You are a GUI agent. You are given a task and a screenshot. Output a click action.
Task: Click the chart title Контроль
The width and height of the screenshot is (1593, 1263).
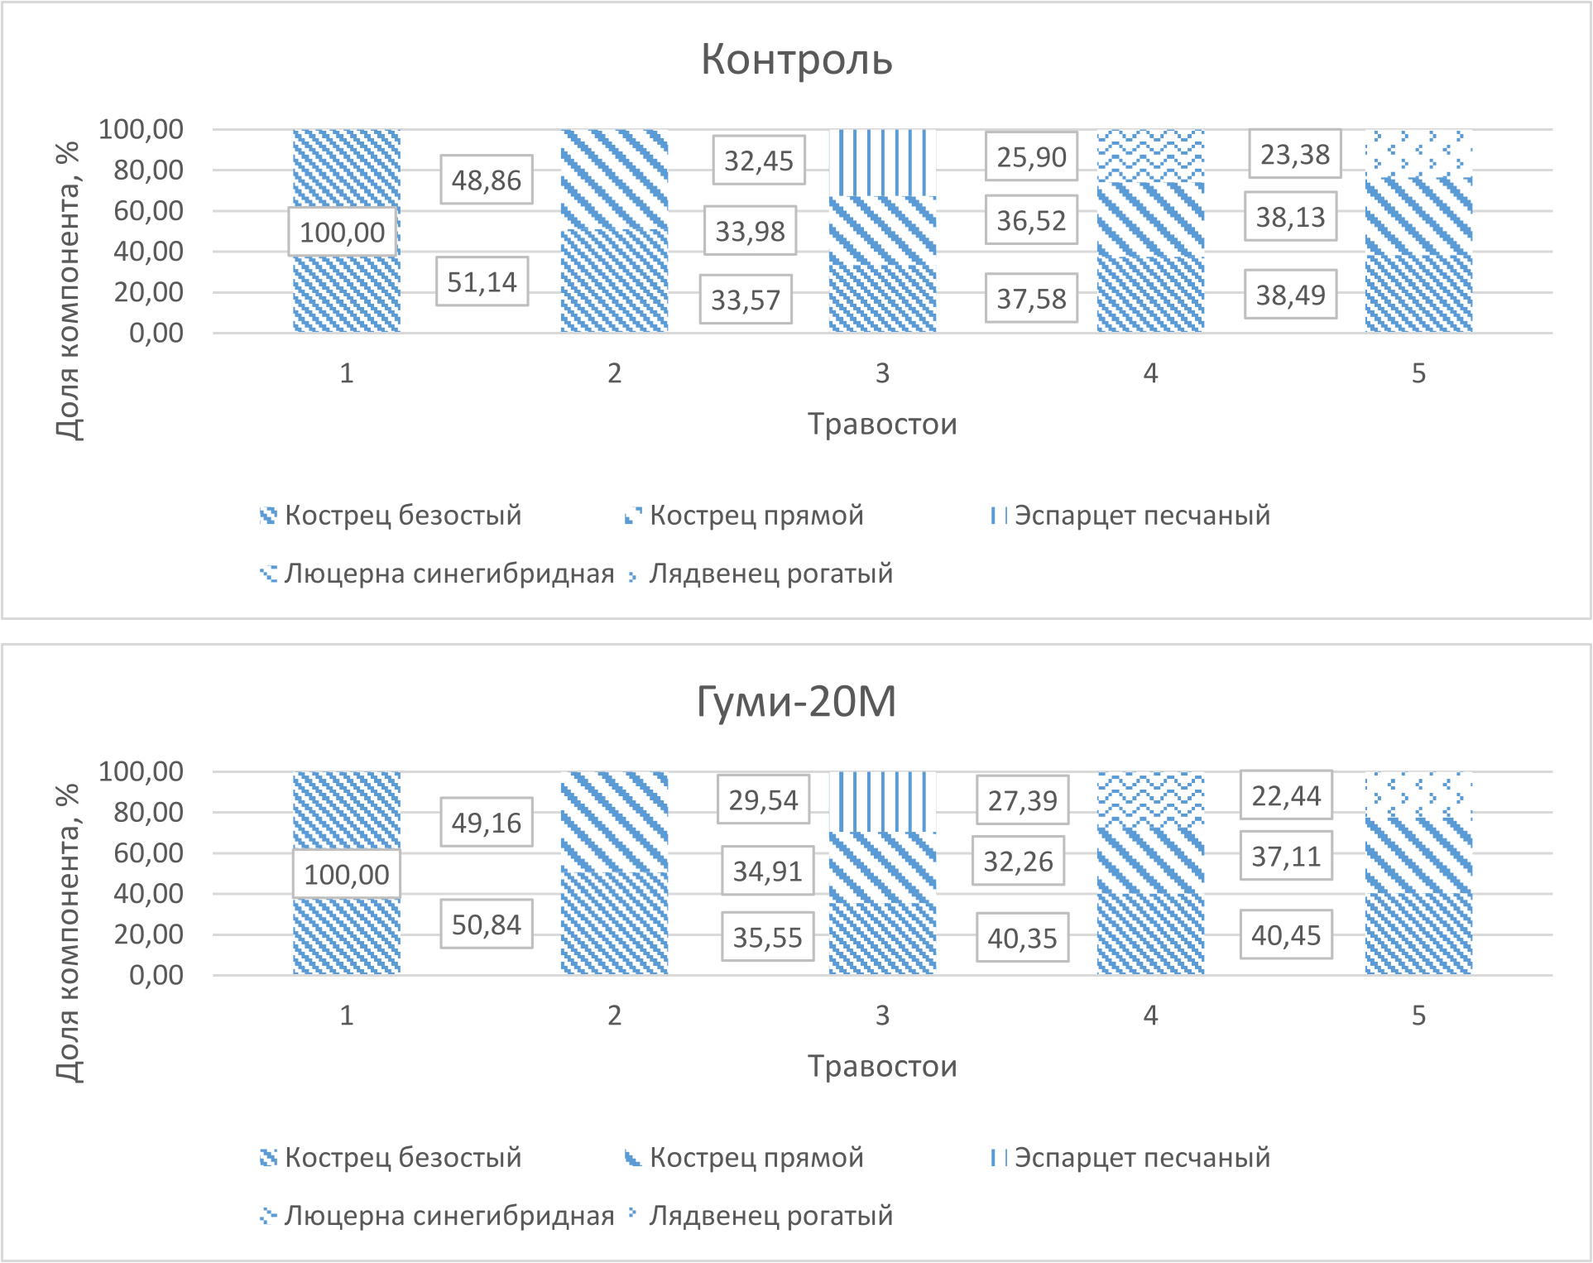pos(796,60)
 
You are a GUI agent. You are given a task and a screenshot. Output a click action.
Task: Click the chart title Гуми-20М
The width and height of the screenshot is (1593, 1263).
pos(796,701)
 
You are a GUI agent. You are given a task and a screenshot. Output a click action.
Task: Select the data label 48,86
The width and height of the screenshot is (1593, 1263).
pos(486,180)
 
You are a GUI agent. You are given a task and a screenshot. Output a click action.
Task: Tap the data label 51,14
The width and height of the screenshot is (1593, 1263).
pos(482,282)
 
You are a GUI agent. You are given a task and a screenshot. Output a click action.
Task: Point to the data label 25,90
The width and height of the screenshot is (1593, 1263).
pos(1031,156)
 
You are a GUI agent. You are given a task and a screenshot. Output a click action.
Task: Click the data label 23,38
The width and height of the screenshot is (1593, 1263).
pos(1294,154)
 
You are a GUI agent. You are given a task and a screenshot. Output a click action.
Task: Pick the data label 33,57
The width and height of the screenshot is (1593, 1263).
pos(746,300)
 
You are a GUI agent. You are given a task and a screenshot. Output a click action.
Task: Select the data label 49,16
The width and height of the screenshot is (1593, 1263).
pos(486,823)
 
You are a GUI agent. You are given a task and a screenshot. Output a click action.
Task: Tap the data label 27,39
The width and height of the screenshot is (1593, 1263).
pos(1022,800)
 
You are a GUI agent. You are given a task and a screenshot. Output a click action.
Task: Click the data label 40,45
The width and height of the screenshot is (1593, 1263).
pos(1285,935)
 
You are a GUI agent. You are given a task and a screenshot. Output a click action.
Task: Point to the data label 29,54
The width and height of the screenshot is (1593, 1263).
pos(763,800)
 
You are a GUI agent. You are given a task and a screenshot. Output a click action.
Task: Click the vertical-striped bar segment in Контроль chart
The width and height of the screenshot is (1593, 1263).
pos(882,162)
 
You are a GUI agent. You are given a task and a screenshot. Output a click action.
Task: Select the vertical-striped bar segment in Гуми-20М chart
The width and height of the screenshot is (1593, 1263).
pos(882,801)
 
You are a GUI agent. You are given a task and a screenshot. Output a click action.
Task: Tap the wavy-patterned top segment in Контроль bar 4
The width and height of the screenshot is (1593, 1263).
pos(1150,156)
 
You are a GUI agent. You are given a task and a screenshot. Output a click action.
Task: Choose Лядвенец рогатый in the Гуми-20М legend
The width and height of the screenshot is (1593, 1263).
pos(770,1216)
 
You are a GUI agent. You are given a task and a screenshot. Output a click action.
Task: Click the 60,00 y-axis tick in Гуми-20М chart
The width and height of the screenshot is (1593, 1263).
pos(149,852)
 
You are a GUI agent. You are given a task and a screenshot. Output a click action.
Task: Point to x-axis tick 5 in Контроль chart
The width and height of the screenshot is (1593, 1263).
pos(1418,373)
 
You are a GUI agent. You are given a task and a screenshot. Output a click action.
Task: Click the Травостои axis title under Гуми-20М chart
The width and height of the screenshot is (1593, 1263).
pos(882,1066)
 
